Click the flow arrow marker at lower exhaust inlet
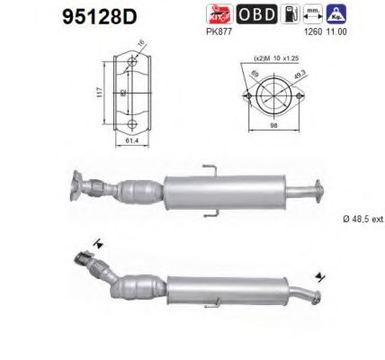[x=96, y=241]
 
